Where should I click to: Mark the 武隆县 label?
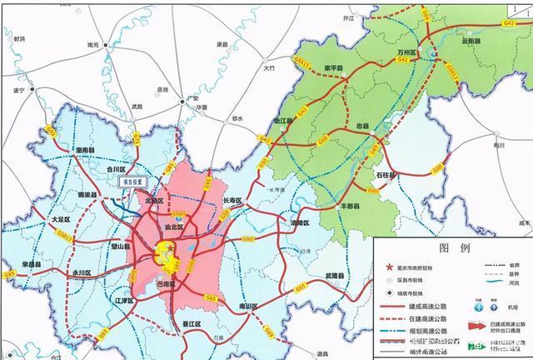(334, 275)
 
